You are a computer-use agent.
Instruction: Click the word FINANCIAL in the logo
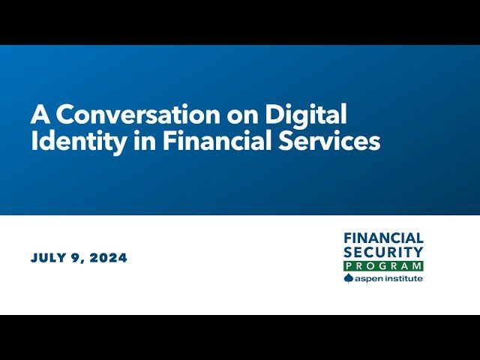(383, 238)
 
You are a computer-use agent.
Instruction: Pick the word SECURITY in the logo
(383, 252)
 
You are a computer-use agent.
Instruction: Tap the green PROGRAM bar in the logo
(383, 266)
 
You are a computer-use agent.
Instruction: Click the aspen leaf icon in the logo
(348, 278)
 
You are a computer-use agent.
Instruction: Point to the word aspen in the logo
(368, 279)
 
